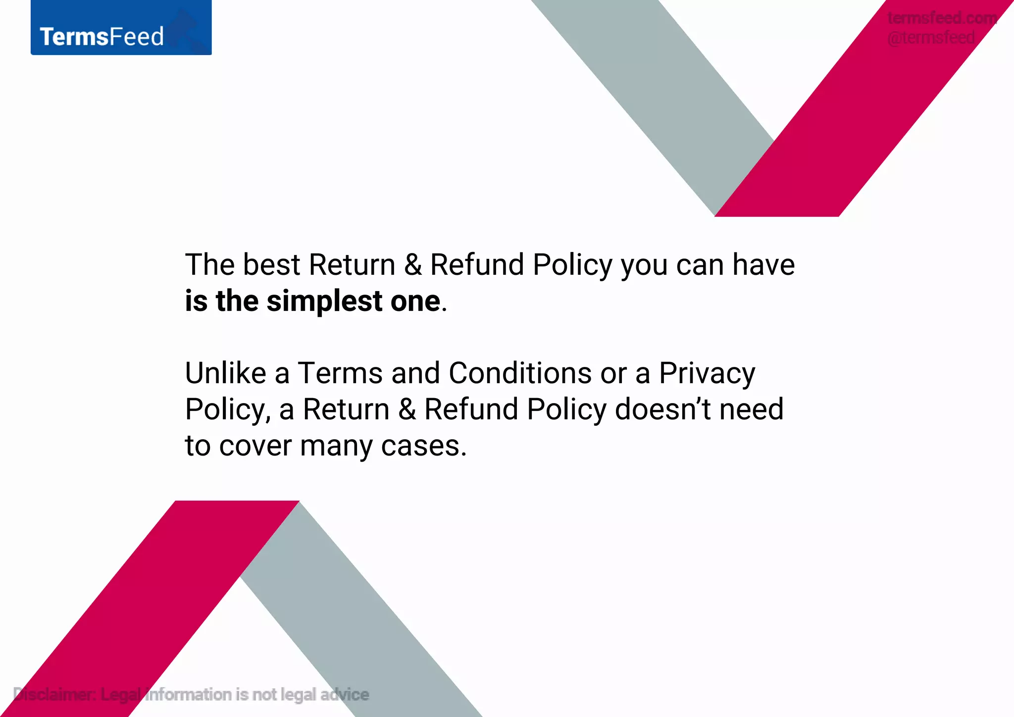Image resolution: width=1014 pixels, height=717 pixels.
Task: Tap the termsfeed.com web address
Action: (942, 18)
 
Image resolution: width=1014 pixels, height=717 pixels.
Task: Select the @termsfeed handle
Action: (931, 38)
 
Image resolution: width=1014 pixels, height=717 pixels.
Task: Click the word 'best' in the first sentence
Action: (271, 264)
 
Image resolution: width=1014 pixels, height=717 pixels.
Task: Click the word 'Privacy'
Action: (707, 374)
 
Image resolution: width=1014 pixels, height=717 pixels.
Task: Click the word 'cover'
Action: (255, 446)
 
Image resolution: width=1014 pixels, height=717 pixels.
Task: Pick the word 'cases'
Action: (423, 446)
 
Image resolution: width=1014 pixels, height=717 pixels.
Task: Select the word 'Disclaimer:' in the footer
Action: (54, 694)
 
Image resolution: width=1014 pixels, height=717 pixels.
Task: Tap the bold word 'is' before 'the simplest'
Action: (196, 301)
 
